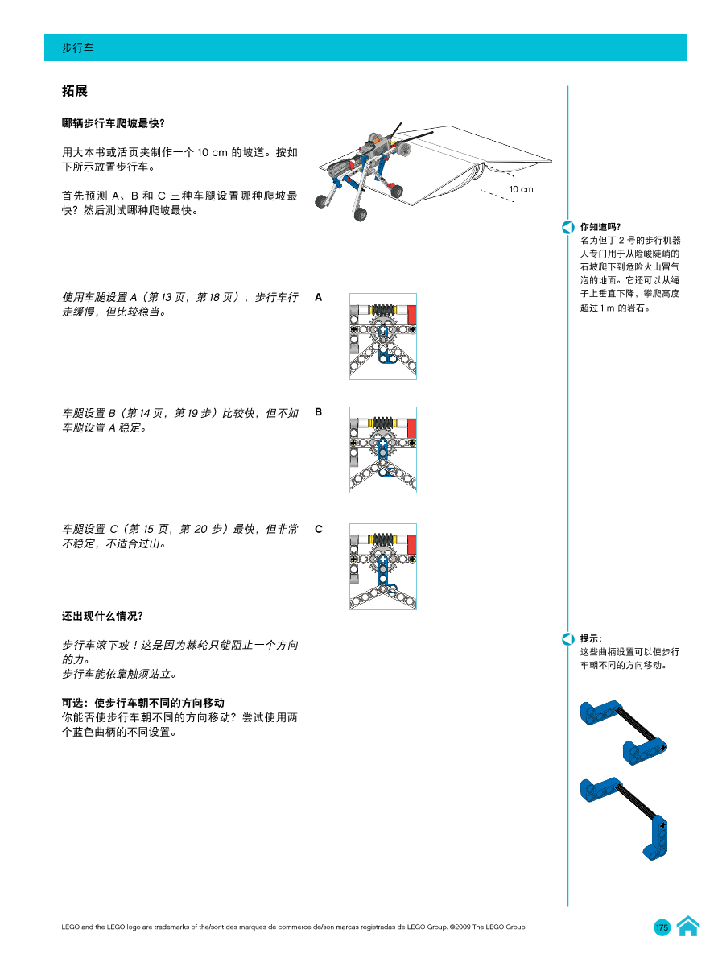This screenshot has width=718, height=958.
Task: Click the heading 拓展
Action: [x=75, y=92]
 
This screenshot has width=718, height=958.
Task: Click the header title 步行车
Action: [x=78, y=48]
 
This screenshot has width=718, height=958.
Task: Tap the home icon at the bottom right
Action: [x=687, y=927]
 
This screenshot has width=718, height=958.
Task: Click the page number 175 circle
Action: [x=662, y=927]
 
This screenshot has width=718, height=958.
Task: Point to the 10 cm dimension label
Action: [x=521, y=189]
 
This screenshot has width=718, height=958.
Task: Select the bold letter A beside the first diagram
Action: [x=319, y=297]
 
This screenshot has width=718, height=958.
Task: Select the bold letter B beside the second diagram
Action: [x=319, y=412]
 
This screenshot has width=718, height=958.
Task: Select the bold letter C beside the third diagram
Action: [x=319, y=529]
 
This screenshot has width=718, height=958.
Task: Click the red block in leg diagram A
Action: [x=411, y=313]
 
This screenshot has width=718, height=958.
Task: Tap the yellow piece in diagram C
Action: [x=373, y=539]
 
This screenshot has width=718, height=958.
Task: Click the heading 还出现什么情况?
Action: [x=103, y=616]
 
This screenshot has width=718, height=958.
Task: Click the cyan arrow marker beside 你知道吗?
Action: [x=567, y=228]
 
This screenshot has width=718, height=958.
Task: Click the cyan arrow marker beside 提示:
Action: [x=567, y=639]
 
